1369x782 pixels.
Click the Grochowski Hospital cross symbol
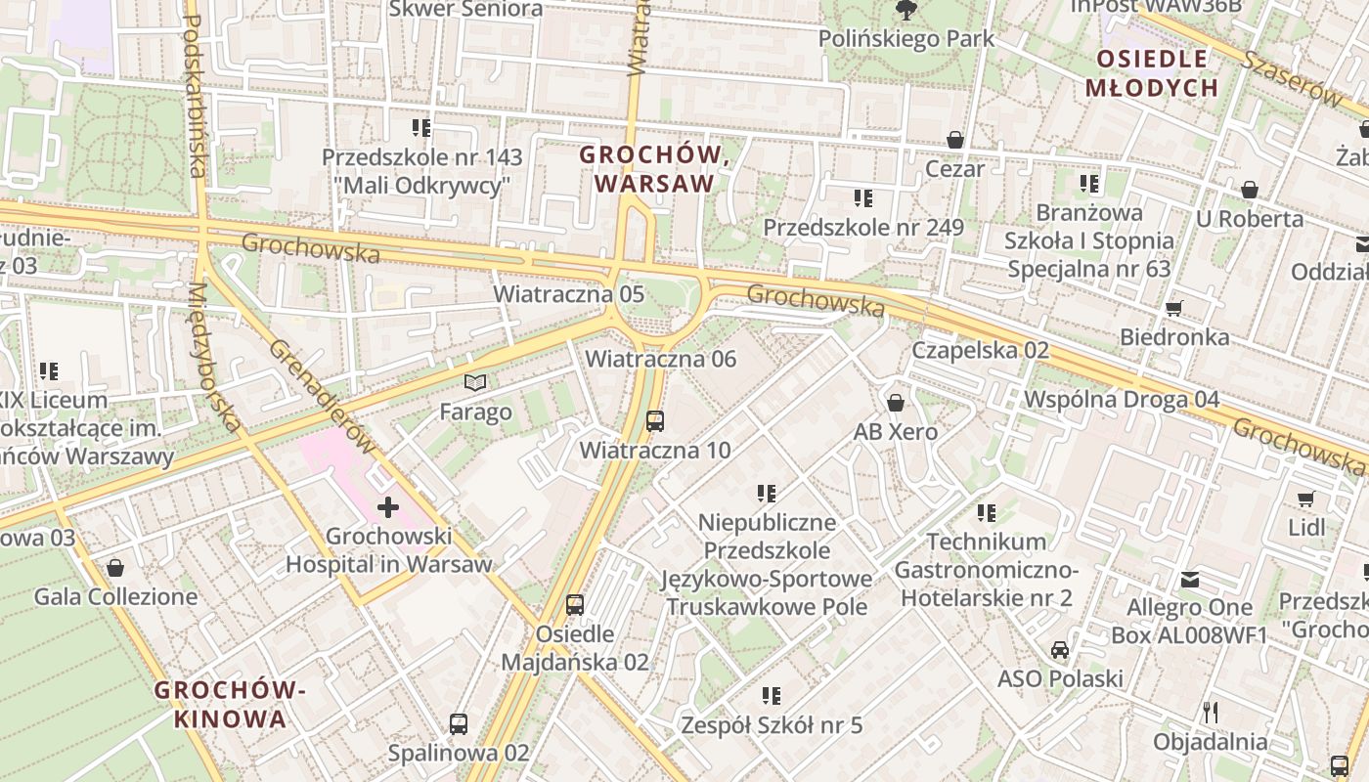click(388, 507)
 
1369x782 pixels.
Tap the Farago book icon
click(475, 382)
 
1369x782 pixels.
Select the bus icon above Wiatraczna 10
click(655, 421)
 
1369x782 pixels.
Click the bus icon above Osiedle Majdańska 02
click(575, 605)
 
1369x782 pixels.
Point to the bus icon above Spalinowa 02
click(458, 724)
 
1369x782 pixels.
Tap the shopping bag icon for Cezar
click(955, 140)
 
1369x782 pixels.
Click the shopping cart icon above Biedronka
click(1174, 308)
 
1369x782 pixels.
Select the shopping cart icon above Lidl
click(1305, 500)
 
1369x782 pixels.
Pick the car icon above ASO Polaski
click(1060, 650)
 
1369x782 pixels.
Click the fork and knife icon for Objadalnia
click(1211, 713)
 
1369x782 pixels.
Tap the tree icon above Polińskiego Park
click(906, 11)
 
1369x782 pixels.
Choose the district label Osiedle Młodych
click(1152, 73)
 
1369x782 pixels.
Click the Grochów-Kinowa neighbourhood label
click(231, 705)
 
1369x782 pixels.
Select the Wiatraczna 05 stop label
click(568, 294)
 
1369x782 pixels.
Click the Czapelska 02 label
click(980, 350)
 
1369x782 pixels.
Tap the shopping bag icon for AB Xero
click(896, 403)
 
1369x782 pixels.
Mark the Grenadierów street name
click(322, 397)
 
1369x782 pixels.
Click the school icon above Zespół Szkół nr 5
click(772, 696)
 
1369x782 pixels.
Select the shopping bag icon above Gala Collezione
click(115, 568)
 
